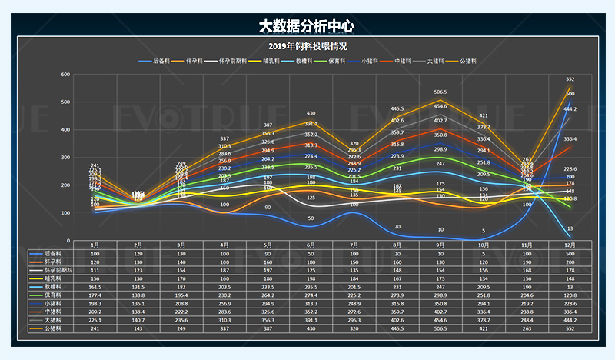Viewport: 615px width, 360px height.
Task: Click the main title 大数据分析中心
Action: (307, 26)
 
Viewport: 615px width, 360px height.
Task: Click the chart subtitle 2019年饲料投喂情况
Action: (307, 46)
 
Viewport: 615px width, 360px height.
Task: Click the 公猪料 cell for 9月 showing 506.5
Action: (440, 328)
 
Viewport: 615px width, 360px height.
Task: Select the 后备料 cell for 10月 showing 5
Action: (484, 253)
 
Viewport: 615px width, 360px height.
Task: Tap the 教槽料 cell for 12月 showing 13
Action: (570, 286)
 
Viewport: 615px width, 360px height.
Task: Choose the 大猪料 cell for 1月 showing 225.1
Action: (95, 320)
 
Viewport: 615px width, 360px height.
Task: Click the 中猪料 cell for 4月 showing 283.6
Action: (224, 312)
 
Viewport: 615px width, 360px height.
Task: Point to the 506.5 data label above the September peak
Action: (440, 92)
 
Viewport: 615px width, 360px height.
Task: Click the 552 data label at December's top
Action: (570, 79)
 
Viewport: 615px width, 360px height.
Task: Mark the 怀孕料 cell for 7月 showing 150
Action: (354, 262)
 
